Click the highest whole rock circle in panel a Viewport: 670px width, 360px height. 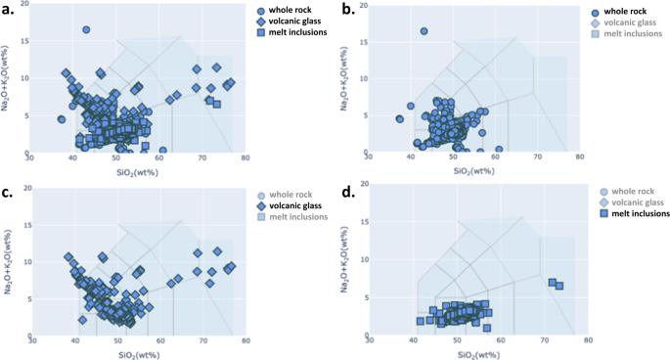[86, 30]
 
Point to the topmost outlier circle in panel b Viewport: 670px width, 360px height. [424, 31]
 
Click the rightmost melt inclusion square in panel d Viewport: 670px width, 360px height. [559, 286]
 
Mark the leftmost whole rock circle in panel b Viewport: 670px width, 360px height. [399, 119]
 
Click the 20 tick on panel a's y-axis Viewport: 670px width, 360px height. [22, 5]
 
